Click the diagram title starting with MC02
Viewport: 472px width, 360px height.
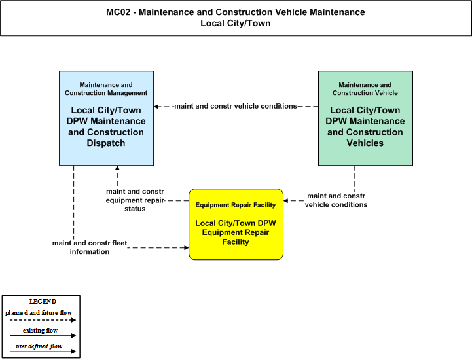coord(236,18)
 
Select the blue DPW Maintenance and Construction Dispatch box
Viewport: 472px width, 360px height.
coord(106,118)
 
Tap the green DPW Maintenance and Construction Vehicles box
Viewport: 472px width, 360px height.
coord(365,118)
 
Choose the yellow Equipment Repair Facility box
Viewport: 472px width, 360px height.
coord(236,225)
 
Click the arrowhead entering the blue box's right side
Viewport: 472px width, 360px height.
coord(156,107)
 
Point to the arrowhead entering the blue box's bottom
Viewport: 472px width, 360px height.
coord(117,168)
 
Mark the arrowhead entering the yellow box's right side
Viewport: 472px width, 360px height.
coord(285,201)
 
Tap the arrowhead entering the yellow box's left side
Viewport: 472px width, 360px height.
coord(187,247)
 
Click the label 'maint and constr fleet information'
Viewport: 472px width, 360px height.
coord(90,247)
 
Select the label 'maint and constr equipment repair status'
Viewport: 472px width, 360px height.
coord(135,200)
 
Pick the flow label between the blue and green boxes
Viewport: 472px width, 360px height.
coord(236,106)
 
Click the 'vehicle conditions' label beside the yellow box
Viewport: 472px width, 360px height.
coord(336,200)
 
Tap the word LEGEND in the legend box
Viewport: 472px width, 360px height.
coord(43,302)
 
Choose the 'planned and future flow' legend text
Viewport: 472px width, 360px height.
coord(39,313)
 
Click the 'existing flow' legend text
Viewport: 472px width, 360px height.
coord(40,331)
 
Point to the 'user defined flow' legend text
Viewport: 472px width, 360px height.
coord(39,346)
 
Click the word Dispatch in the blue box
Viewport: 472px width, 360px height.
coord(106,143)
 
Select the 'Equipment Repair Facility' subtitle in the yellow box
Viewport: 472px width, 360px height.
coord(236,205)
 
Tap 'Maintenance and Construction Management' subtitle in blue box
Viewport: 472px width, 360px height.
coord(106,89)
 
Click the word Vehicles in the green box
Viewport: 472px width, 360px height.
coord(365,143)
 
